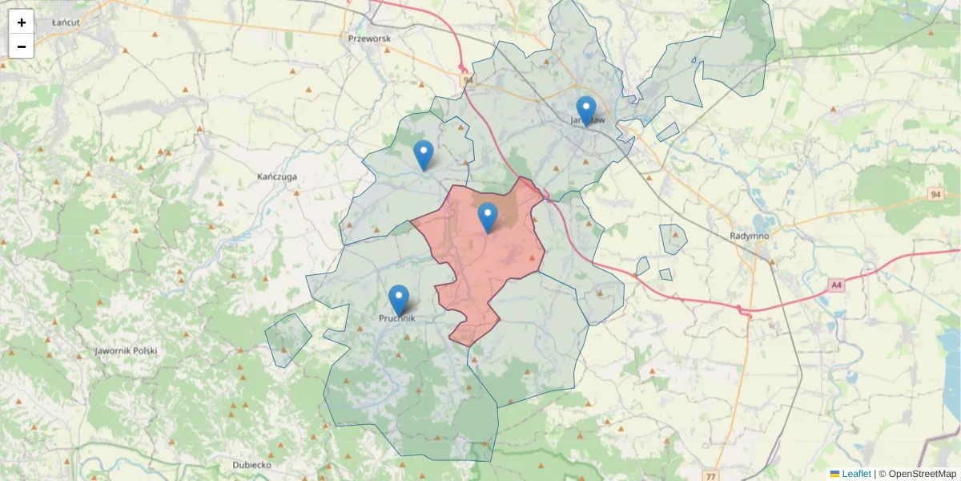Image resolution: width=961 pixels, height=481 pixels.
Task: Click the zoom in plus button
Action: pos(22,22)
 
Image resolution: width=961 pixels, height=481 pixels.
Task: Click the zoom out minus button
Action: pos(22,46)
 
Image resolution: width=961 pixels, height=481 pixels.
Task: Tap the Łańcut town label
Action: pos(66,22)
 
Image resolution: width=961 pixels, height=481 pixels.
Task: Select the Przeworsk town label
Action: pos(369,38)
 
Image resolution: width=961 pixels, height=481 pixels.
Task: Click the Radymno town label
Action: pos(750,236)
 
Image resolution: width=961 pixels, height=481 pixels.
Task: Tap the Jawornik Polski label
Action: pos(126,351)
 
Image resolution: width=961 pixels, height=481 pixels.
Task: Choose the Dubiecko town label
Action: pos(251,465)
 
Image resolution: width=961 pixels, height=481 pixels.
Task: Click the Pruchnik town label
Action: pos(398,318)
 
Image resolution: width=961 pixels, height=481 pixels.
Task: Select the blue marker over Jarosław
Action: pos(586,111)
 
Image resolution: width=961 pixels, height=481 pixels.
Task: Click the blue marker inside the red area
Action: pos(488,217)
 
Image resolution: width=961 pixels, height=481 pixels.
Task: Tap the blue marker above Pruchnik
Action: pos(399,299)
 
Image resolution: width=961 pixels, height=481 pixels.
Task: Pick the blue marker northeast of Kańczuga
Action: pos(424,155)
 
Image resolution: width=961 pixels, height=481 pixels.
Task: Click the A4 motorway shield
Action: pos(836,285)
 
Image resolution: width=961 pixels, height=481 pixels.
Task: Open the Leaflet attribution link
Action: pos(855,474)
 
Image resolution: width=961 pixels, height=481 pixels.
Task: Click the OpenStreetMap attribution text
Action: pos(922,474)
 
